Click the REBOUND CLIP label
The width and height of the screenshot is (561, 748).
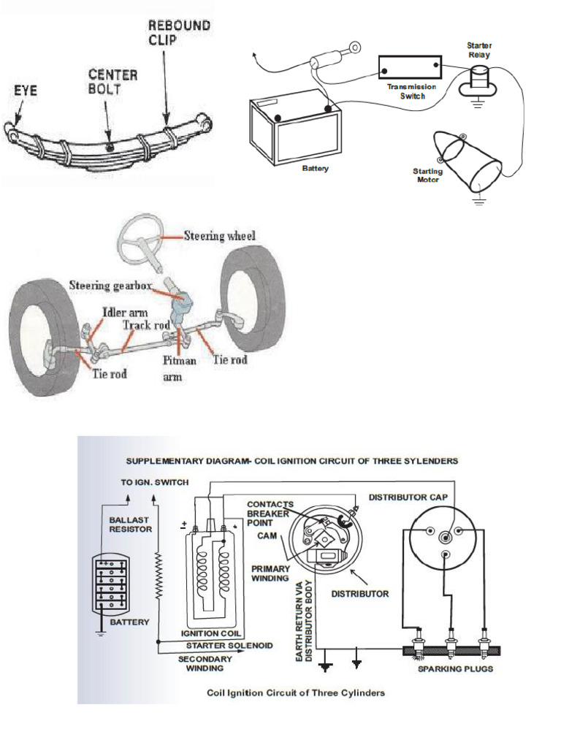pos(179,32)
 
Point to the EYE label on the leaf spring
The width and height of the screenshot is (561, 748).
pos(26,93)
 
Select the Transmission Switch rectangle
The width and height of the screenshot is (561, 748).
pos(411,68)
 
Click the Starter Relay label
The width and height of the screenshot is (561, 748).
pos(479,50)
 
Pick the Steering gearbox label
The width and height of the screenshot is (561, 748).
pos(110,285)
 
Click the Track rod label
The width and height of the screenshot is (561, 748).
pos(146,324)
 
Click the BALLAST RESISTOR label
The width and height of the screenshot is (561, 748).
pos(129,524)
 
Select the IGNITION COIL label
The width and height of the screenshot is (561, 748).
pos(212,633)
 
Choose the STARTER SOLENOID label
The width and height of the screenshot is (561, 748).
pos(229,645)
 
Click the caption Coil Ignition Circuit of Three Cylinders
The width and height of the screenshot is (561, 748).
pos(296,692)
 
